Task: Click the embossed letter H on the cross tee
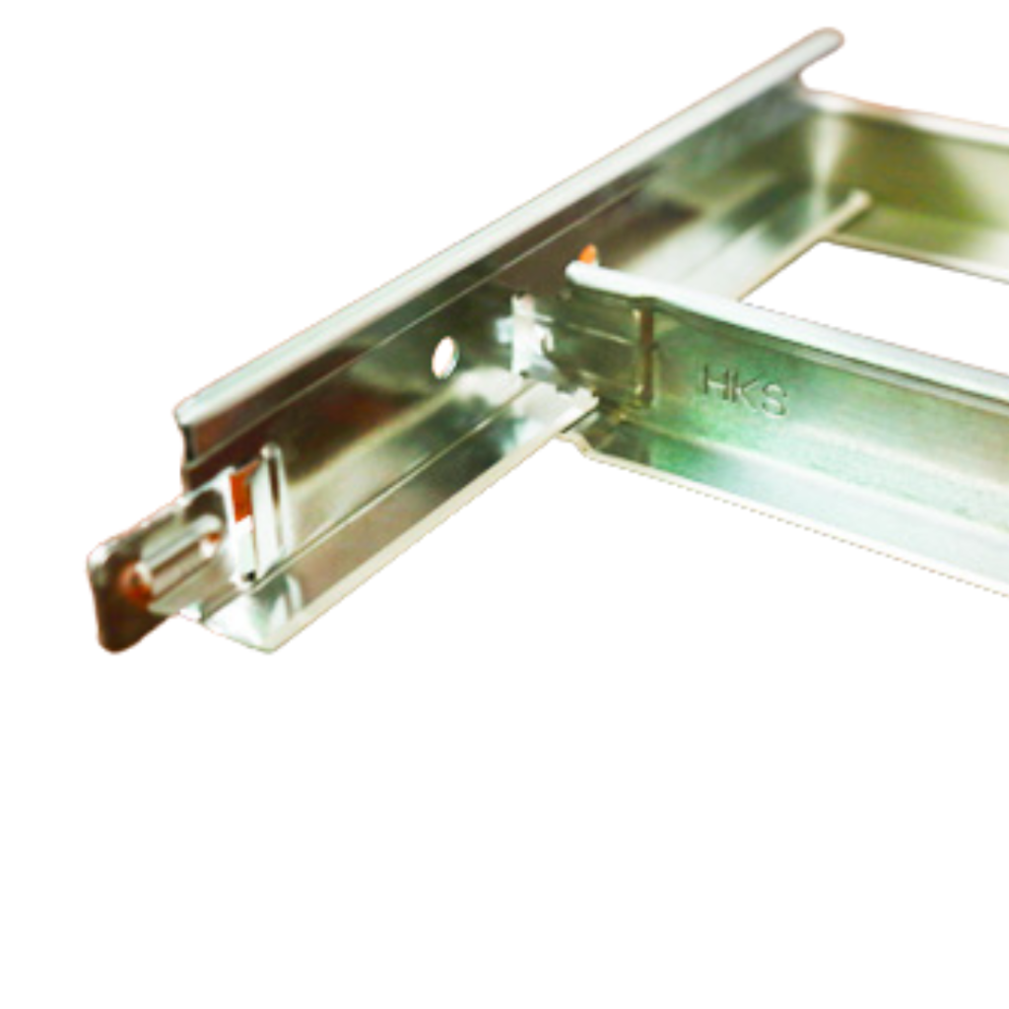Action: (x=716, y=381)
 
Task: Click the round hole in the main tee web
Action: (x=444, y=358)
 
